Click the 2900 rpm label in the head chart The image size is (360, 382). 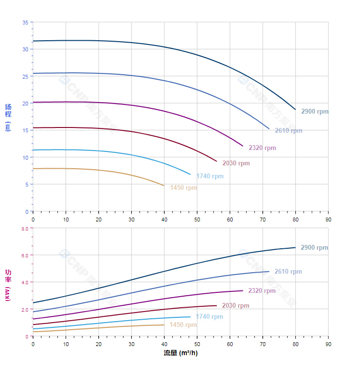tap(315, 112)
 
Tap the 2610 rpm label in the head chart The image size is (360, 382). tap(288, 131)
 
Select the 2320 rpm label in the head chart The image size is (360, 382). tap(262, 148)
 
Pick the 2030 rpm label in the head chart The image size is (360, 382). tap(236, 163)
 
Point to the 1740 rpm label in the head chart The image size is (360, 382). tap(210, 176)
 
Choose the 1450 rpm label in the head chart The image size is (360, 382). tap(183, 188)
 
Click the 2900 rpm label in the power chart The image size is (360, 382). tap(314, 248)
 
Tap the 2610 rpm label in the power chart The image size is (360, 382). tap(288, 272)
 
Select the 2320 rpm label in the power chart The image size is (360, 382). tap(262, 291)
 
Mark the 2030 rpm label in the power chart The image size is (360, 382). tap(236, 306)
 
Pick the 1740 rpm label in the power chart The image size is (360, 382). tap(209, 317)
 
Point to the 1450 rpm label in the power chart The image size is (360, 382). tap(183, 325)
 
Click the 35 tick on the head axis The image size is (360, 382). tap(25, 22)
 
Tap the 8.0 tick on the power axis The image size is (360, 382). tap(25, 229)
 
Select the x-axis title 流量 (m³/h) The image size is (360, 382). tap(180, 353)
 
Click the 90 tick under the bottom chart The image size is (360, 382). tap(328, 344)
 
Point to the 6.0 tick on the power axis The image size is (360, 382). tap(25, 255)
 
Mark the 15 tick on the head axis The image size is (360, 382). tap(25, 130)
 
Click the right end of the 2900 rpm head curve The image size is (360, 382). tap(295, 109)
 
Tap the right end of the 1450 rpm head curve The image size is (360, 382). tap(164, 185)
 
